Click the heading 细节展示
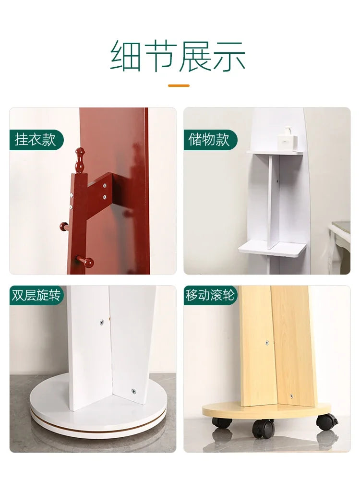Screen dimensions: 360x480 178,56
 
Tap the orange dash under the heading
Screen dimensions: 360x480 179,86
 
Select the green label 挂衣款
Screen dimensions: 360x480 36,140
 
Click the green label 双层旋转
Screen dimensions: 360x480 36,295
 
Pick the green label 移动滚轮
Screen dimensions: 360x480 210,295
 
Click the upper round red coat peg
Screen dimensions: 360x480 65,227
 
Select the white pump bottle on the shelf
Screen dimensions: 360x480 288,138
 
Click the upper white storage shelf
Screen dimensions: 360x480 275,153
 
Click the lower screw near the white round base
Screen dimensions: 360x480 134,391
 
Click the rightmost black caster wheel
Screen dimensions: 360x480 326,421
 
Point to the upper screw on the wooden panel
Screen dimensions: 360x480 267,342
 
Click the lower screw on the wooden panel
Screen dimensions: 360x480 291,396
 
